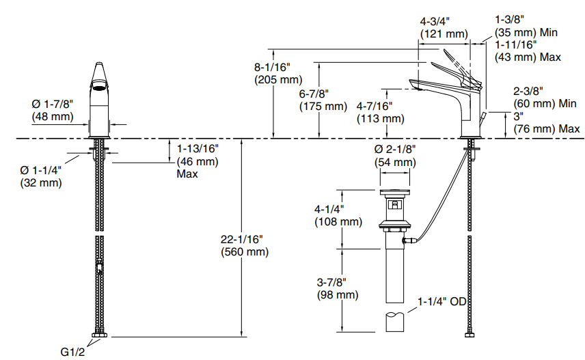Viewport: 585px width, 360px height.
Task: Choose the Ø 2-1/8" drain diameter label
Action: click(x=394, y=150)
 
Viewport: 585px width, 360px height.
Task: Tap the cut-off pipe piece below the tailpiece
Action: click(x=396, y=320)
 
